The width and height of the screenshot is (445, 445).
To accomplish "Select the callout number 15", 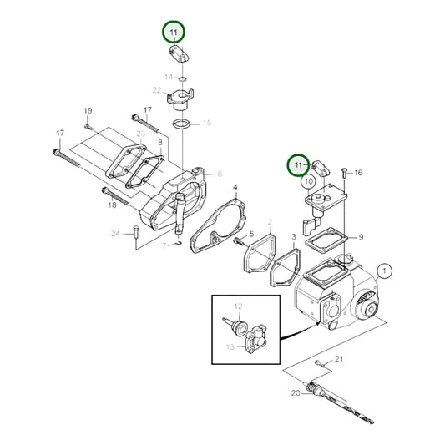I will tap(207, 123).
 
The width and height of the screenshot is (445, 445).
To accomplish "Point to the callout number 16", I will tap(359, 173).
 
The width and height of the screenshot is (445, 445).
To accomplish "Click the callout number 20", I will tap(296, 392).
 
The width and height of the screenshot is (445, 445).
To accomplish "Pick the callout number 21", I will tap(339, 359).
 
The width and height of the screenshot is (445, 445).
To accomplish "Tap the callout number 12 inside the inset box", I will tap(237, 306).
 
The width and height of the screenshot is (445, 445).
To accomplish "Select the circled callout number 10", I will tap(308, 180).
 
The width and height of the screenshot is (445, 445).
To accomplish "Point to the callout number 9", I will tap(362, 238).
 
